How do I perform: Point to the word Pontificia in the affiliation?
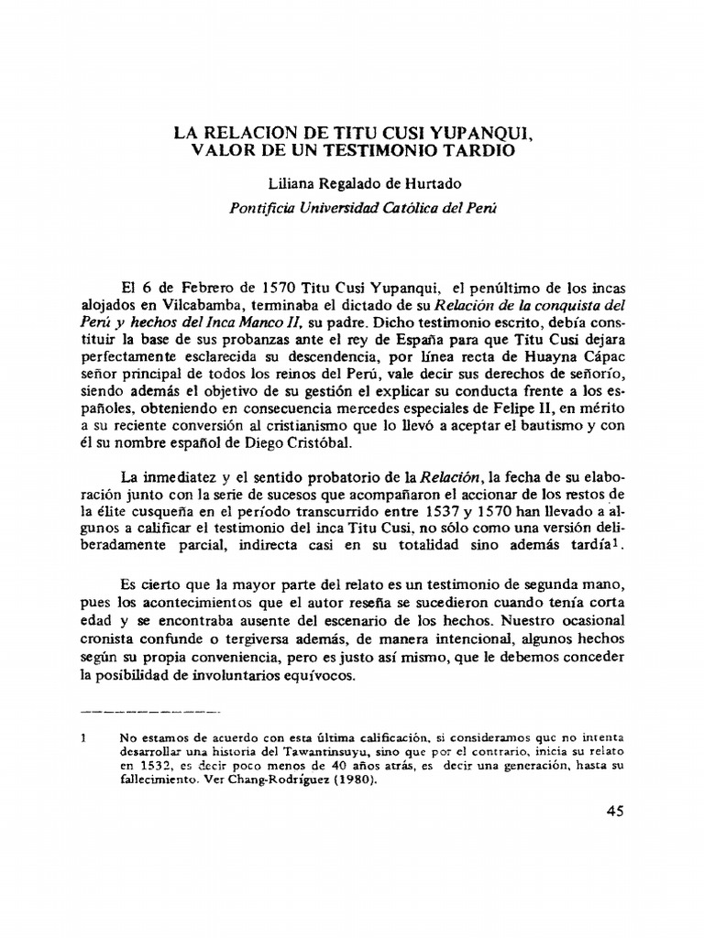(x=259, y=207)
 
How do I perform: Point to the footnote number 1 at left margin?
(x=82, y=736)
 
